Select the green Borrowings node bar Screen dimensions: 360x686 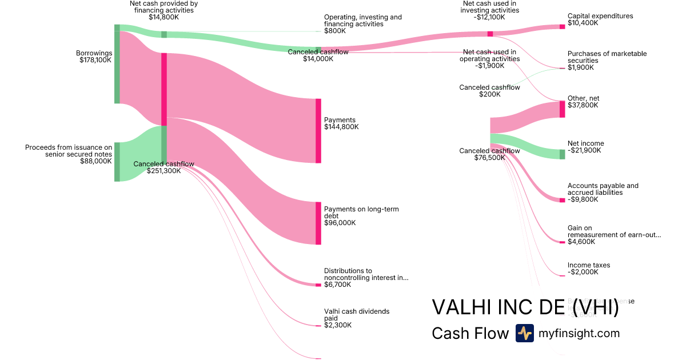(x=117, y=64)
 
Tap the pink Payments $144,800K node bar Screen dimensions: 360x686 (x=318, y=130)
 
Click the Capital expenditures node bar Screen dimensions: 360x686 (x=562, y=27)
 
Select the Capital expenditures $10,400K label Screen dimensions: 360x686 (x=600, y=19)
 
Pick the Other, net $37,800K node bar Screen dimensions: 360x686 (x=562, y=109)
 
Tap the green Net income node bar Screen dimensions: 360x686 (x=562, y=154)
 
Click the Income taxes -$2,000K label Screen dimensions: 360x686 (x=588, y=269)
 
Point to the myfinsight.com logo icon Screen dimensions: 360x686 (x=524, y=333)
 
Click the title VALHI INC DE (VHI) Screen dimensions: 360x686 (x=525, y=307)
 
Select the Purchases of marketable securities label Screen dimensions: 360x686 (x=607, y=61)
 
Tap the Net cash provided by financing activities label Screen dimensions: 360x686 (x=163, y=10)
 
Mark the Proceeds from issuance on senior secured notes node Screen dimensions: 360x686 (x=117, y=162)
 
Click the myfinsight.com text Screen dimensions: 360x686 (x=579, y=333)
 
